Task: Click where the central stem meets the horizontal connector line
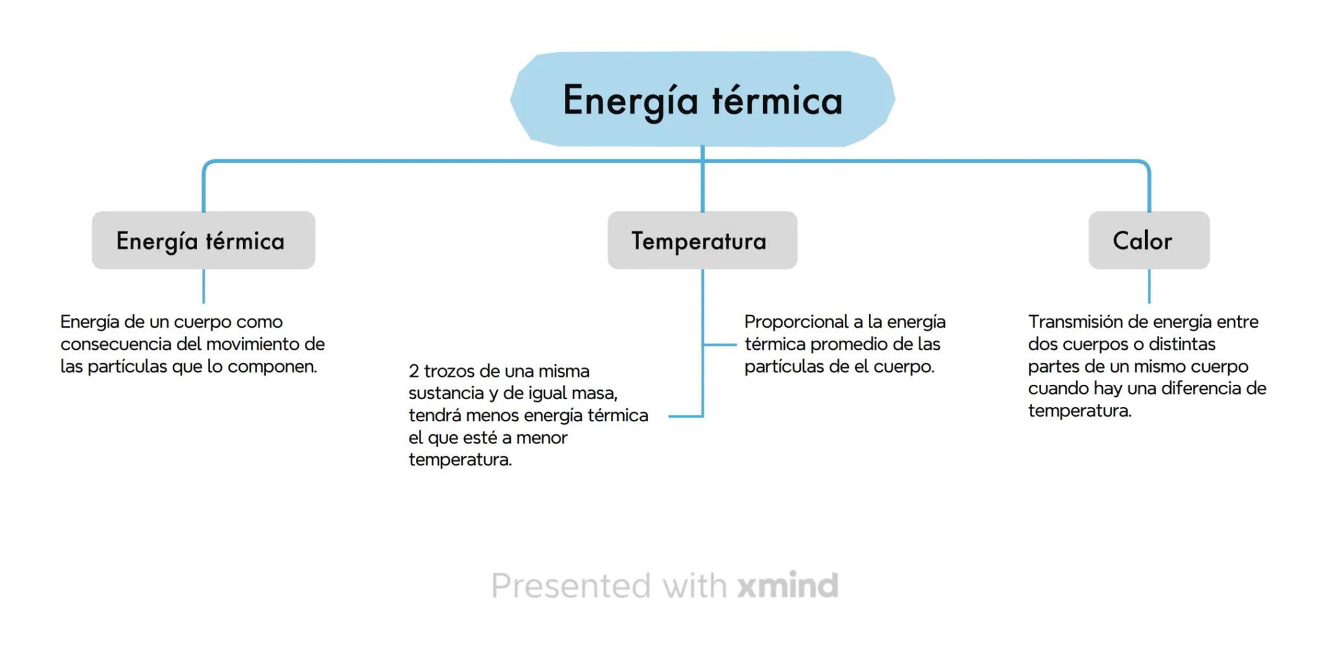coord(703,161)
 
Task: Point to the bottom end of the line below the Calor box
coord(1149,302)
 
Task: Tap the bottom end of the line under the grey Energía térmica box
coord(203,302)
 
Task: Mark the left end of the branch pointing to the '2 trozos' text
coord(669,416)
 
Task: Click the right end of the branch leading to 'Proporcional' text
coord(736,345)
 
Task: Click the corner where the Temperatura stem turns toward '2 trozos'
coord(703,416)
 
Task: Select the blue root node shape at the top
coord(703,99)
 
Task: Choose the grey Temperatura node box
coord(703,240)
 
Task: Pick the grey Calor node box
coord(1149,240)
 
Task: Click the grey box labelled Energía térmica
coord(203,240)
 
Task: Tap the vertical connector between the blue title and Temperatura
coord(703,179)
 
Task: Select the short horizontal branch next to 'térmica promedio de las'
coord(719,345)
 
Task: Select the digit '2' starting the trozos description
coord(414,371)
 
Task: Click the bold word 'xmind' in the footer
coord(788,585)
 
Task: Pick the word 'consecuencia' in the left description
coord(116,345)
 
